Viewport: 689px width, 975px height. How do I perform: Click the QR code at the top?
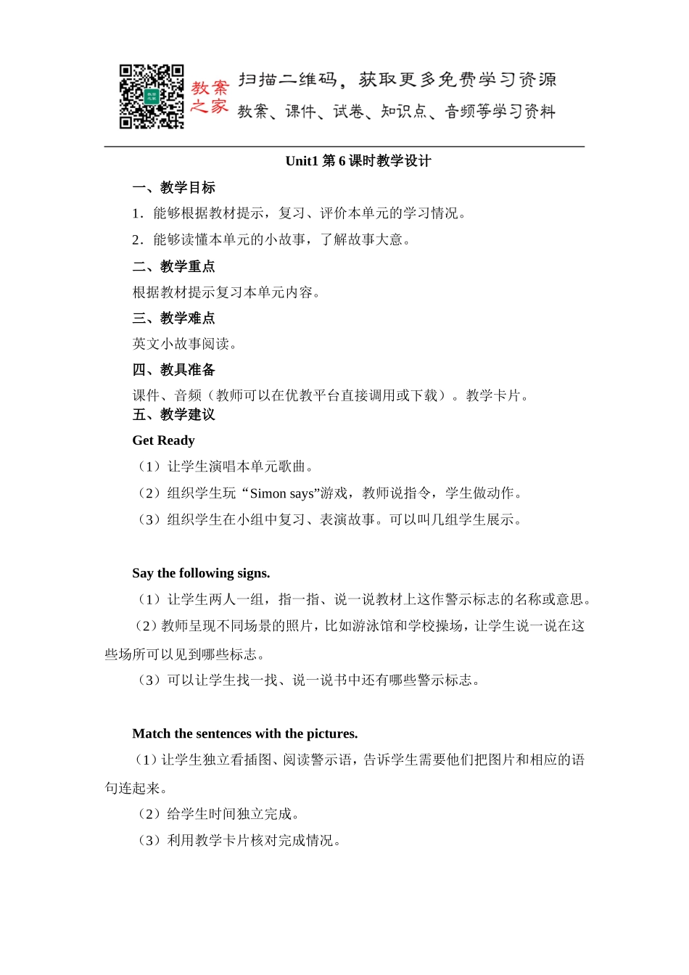[x=152, y=96]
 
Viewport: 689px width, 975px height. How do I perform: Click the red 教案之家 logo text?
[x=210, y=97]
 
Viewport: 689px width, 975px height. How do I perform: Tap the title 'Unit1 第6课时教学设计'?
[x=358, y=161]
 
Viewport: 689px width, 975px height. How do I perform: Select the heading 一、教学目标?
[x=173, y=187]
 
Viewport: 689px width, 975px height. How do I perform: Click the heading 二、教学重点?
[x=173, y=266]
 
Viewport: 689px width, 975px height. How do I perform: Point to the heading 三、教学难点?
[x=173, y=318]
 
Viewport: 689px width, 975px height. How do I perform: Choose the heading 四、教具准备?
[x=173, y=370]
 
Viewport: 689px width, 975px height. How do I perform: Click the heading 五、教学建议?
[x=173, y=414]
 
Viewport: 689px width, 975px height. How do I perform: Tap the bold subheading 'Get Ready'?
[x=163, y=440]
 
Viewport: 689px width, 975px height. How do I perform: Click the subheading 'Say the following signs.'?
[x=201, y=573]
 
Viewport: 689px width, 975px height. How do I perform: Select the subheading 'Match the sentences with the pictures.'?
[x=244, y=733]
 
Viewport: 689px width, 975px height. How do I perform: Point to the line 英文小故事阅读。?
[x=185, y=344]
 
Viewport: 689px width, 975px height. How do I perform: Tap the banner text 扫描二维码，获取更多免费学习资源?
[x=397, y=80]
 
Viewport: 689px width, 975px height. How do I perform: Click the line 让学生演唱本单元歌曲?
[x=239, y=466]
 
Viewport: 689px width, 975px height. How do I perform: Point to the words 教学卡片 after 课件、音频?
[x=493, y=395]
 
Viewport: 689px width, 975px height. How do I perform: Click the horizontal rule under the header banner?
[x=344, y=147]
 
